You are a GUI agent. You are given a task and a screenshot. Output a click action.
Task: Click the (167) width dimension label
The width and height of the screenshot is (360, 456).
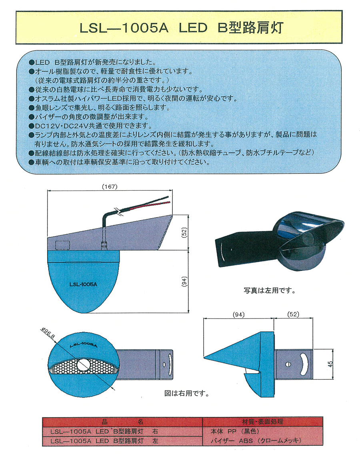coord(110,187)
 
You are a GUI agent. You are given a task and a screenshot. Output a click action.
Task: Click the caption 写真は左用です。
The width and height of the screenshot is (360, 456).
coord(270,291)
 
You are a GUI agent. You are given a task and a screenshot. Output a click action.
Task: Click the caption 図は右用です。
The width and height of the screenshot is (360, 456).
coord(187,393)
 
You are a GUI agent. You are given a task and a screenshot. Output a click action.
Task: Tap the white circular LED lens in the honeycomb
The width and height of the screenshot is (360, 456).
coord(84,364)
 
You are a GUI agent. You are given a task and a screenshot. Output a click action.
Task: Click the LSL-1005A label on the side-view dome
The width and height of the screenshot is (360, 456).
coord(84,285)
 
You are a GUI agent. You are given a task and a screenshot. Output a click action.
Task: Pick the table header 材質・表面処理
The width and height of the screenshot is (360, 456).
coord(262,422)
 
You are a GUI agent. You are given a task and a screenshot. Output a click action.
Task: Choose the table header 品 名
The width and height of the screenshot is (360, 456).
coord(122,422)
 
